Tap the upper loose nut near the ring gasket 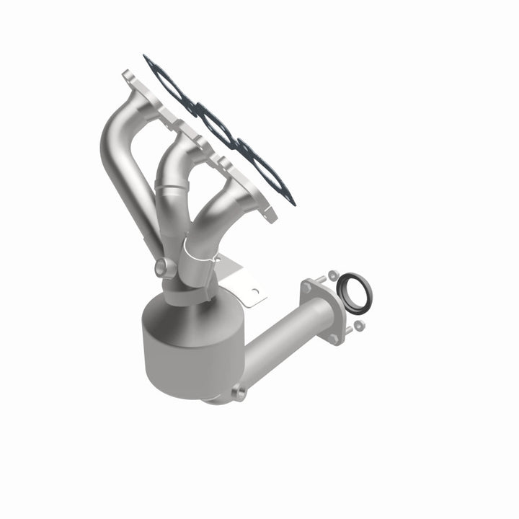point(333,275)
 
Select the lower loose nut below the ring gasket point(359,326)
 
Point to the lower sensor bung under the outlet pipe point(238,394)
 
